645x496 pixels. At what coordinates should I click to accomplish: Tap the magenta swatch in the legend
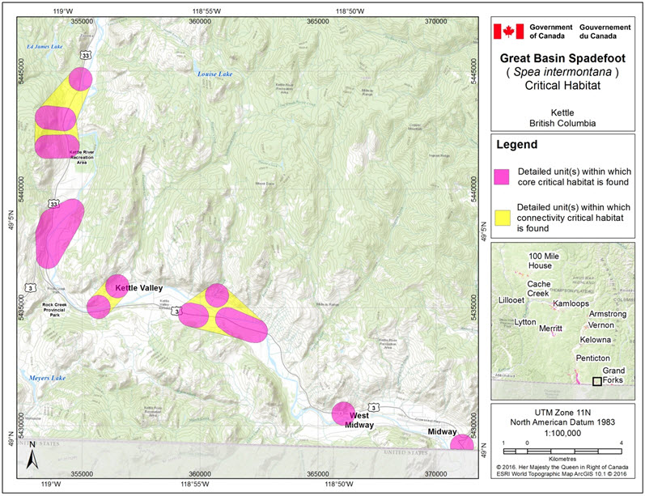503,177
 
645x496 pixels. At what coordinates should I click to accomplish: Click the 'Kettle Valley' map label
139,288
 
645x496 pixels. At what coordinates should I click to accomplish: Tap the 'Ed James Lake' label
44,47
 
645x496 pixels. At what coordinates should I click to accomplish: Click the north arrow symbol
30,457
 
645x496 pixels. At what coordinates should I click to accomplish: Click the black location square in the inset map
597,381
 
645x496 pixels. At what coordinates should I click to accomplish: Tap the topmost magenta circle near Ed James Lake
80,78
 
